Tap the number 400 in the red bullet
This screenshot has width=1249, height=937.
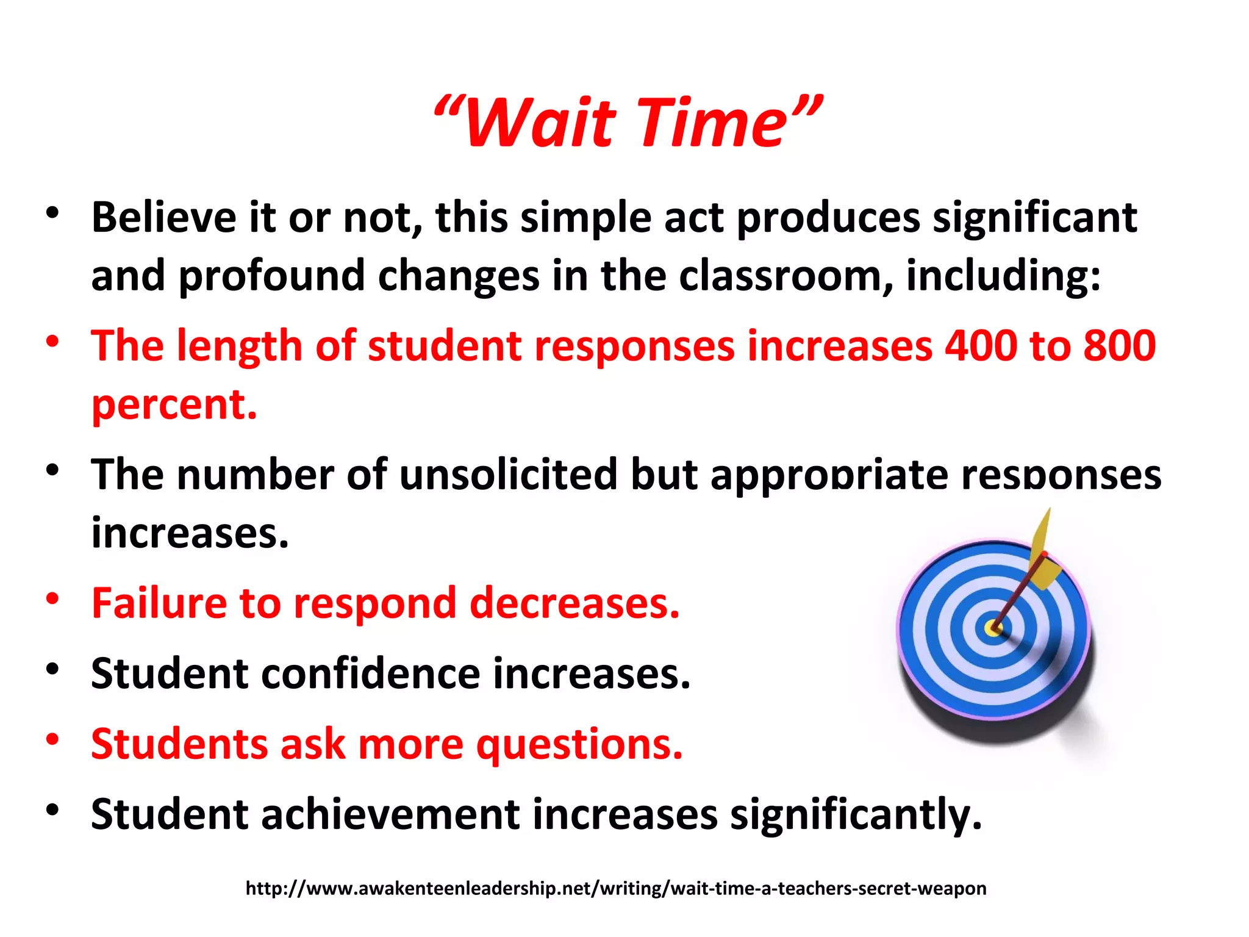coord(981,346)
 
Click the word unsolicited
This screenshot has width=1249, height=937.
coord(509,475)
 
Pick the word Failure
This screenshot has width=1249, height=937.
coord(159,603)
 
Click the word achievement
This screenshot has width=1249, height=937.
coord(390,814)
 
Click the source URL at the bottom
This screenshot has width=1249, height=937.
coord(616,888)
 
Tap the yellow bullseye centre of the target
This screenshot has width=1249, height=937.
coord(993,628)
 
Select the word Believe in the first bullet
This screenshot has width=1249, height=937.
coord(163,218)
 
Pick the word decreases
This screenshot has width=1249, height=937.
coord(574,603)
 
